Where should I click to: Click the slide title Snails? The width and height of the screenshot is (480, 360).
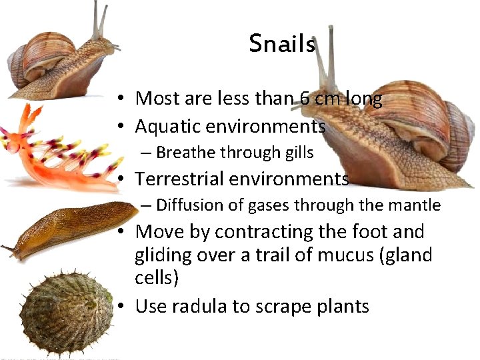tap(282, 44)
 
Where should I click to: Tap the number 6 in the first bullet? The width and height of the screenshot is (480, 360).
tap(304, 99)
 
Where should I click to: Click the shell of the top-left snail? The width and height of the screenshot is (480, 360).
tap(47, 57)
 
